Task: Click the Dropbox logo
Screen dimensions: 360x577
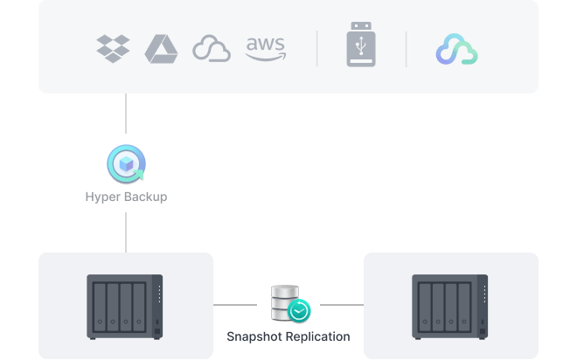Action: coord(113,49)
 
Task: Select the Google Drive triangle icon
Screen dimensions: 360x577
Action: coord(161,49)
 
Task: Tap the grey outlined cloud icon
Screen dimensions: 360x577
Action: coord(211,49)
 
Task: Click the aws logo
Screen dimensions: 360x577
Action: coord(265,49)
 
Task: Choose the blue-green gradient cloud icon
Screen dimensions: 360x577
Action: coord(456,50)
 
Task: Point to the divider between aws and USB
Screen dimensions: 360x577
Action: coord(316,49)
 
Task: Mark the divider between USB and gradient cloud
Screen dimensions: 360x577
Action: coord(406,49)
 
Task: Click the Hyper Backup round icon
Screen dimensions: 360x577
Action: coord(126,163)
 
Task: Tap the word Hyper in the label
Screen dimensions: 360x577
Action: coord(103,197)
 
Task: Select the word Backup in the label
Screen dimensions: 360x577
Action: coord(145,197)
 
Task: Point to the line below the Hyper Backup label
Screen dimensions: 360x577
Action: coord(126,232)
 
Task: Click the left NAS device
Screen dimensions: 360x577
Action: coord(125,306)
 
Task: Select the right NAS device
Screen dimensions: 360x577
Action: coord(450,306)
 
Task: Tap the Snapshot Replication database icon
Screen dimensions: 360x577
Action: coord(286,301)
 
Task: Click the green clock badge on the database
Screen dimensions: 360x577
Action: coord(299,310)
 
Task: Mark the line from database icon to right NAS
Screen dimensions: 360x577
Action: coord(341,305)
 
